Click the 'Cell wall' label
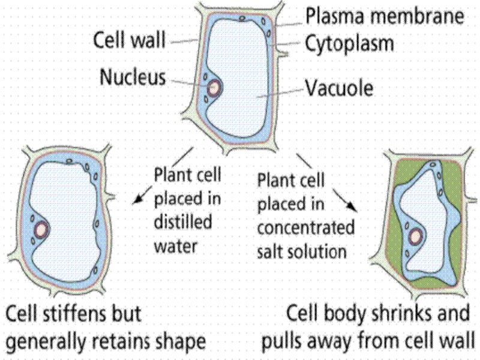129,41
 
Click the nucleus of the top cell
214,88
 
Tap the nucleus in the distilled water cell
41,229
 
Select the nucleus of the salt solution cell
415,236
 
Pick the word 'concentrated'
306,229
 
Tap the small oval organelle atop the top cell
242,19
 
